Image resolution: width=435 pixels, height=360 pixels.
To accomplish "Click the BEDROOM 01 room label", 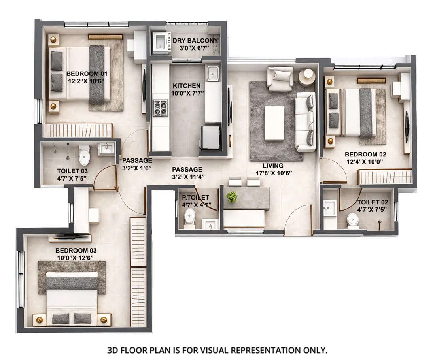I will (x=87, y=74).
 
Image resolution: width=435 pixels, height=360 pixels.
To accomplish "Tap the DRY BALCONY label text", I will (x=195, y=41).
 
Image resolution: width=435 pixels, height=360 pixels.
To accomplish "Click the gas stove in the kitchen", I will (x=160, y=108).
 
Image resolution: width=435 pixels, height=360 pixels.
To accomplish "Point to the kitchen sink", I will (x=213, y=74).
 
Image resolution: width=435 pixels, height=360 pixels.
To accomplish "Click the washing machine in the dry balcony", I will (x=161, y=43).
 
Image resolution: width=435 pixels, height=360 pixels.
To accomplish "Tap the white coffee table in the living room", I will (x=274, y=123).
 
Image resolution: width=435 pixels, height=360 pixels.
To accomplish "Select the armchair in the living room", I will (x=280, y=78).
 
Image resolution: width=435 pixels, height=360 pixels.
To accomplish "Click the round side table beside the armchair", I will (x=307, y=77).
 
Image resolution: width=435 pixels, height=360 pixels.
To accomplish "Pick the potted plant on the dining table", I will (x=232, y=196).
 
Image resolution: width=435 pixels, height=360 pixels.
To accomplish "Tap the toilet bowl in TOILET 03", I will (x=84, y=157).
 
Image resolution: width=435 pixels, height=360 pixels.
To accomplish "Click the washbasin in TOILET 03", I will (x=106, y=149).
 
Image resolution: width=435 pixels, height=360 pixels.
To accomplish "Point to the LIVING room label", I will (x=273, y=166).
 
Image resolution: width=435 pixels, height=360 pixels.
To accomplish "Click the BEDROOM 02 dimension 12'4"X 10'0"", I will (x=365, y=162).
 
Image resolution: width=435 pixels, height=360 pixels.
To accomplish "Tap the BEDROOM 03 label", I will (x=76, y=250).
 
